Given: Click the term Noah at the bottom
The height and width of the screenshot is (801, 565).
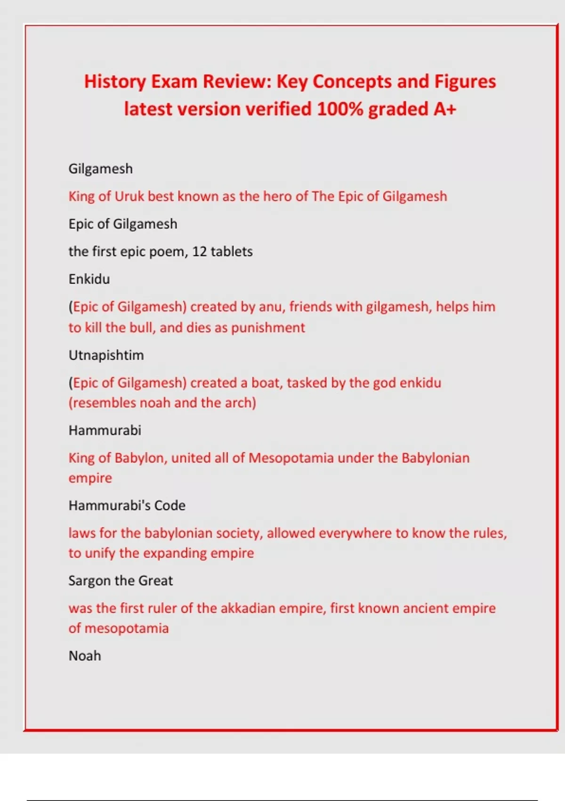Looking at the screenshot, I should [x=85, y=656].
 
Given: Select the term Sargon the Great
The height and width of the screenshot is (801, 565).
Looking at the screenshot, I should [x=121, y=580].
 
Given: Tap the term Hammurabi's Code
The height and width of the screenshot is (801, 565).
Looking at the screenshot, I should [x=127, y=506].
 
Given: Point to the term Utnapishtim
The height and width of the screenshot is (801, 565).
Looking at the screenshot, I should [x=106, y=355].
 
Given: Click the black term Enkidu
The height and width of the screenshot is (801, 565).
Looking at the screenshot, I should [x=89, y=279].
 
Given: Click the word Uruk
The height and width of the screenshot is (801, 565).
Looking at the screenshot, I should [x=129, y=196].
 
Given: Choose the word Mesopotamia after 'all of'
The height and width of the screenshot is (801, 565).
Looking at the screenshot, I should [x=291, y=458].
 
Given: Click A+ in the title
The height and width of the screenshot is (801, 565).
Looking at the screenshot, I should [x=444, y=109].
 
